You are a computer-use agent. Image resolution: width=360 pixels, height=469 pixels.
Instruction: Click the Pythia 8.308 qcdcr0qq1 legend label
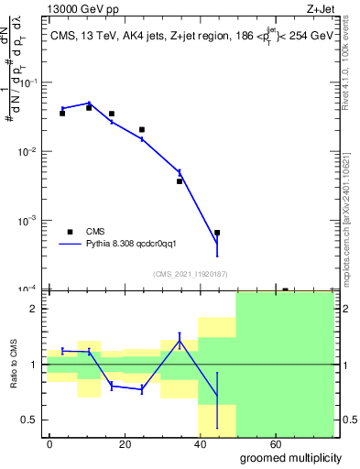[137, 245]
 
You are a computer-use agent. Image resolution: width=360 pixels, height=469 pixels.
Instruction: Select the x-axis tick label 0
[50, 444]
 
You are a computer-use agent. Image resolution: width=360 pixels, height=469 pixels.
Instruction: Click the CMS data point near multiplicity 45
[217, 233]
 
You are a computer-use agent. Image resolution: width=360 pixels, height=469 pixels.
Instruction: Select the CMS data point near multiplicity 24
[142, 130]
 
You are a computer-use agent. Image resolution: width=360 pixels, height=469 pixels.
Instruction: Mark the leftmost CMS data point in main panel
[62, 114]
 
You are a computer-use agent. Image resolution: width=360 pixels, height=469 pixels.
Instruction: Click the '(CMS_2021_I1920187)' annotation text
[191, 273]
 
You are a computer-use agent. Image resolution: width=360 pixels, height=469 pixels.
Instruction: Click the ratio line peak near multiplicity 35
[180, 341]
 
